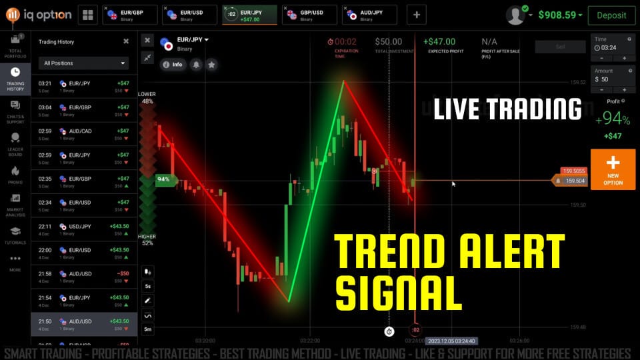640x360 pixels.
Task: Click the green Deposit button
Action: pyautogui.click(x=611, y=15)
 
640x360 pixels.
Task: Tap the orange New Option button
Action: pyautogui.click(x=613, y=169)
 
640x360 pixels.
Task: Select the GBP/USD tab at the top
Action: pyautogui.click(x=309, y=14)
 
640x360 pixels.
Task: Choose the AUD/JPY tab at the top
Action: pyautogui.click(x=369, y=14)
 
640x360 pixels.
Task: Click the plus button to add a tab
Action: pyautogui.click(x=417, y=14)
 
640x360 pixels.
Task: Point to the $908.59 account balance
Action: pyautogui.click(x=559, y=15)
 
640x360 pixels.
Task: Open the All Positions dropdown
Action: pyautogui.click(x=84, y=63)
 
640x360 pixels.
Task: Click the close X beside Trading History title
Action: pyautogui.click(x=126, y=41)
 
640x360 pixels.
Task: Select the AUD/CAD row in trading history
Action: pyautogui.click(x=84, y=134)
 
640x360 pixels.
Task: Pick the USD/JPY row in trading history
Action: pyautogui.click(x=84, y=229)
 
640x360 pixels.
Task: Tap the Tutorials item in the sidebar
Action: pyautogui.click(x=15, y=235)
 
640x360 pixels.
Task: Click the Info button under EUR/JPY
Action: pyautogui.click(x=172, y=65)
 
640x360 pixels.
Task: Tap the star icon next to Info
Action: pyautogui.click(x=211, y=65)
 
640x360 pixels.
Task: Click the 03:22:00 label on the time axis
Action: pyautogui.click(x=310, y=340)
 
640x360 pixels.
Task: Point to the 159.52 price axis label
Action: pyautogui.click(x=578, y=83)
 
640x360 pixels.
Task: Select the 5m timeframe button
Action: pyautogui.click(x=148, y=329)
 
